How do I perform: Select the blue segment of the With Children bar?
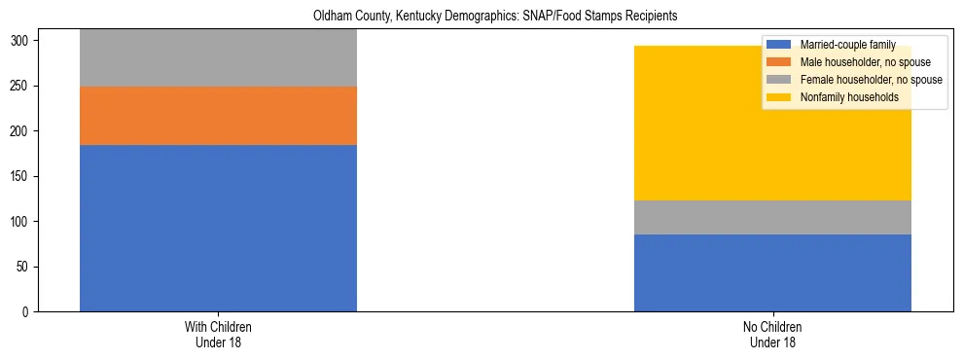point(218,228)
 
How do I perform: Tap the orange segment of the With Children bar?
point(218,116)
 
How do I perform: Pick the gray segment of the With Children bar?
point(218,58)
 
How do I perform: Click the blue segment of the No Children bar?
point(772,272)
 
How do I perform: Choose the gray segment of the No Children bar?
point(772,217)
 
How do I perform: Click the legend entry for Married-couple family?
point(843,45)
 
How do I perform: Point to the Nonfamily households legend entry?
point(849,97)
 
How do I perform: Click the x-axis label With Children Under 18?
point(218,335)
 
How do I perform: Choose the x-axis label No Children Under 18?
point(772,335)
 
